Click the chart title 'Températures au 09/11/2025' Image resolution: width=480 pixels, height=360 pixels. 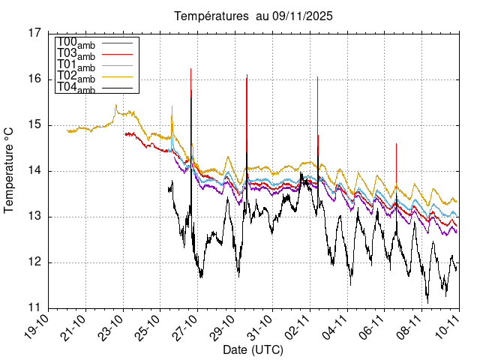point(253,16)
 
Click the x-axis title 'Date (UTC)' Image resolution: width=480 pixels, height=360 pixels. point(253,349)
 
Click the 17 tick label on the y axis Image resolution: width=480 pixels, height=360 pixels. point(35,33)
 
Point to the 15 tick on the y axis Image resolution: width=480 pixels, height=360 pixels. point(35,124)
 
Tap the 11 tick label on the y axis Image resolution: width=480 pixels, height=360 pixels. point(35,308)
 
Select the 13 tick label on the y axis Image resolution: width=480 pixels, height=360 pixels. point(35,217)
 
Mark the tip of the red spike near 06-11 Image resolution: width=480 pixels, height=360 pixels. point(396,143)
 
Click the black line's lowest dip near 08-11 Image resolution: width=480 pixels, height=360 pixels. point(427,301)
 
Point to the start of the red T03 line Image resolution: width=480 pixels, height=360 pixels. point(124,133)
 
